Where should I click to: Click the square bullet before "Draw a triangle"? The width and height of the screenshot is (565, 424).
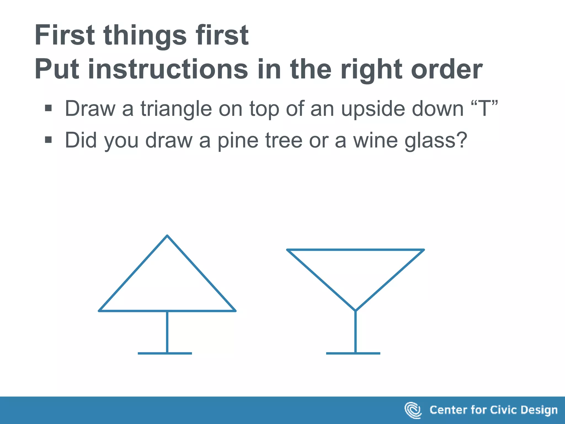48,108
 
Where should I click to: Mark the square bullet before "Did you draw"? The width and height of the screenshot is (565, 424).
48,140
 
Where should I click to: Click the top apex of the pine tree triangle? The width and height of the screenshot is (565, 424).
167,236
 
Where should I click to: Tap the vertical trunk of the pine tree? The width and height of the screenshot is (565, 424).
167,331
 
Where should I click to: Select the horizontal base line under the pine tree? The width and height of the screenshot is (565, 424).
165,353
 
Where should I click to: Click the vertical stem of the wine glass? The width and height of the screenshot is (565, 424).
355,331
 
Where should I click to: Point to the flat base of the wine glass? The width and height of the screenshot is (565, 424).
353,353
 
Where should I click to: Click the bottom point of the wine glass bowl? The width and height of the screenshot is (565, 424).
355,310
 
